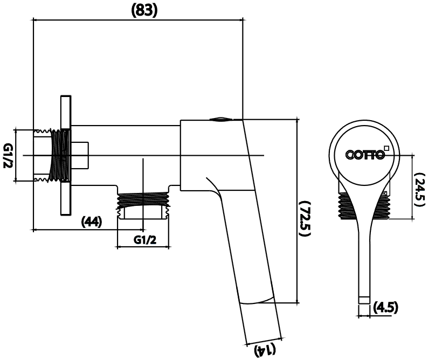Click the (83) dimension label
(144, 11)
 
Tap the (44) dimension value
(92, 221)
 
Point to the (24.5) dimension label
(419, 189)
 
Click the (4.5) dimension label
(385, 307)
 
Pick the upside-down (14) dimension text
(265, 350)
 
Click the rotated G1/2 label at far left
(8, 156)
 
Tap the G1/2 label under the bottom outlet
(145, 240)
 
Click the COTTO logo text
(365, 155)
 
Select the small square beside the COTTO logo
(386, 148)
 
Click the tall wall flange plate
(66, 156)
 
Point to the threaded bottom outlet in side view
(143, 205)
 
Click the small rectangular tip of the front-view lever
(364, 300)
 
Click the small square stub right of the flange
(80, 155)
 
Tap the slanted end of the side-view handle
(264, 342)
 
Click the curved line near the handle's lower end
(257, 300)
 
